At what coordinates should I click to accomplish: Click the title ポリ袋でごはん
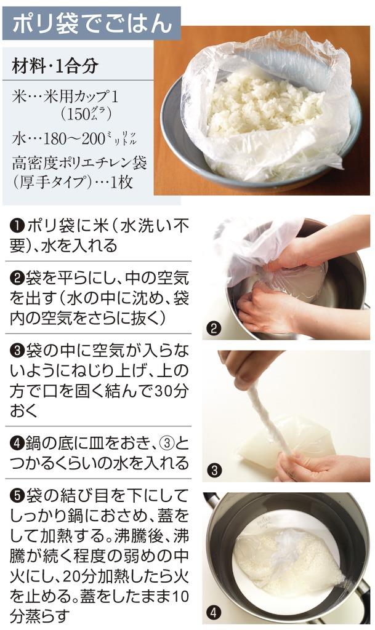pos(92,23)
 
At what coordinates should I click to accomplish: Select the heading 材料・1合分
pos(55,66)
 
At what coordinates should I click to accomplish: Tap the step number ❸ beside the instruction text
pos(18,351)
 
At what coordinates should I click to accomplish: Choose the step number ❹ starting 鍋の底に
pos(17,444)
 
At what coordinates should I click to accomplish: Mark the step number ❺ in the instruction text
pos(18,496)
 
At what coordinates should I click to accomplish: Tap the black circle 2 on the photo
pos(214,329)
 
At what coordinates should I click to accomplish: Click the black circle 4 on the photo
pos(214,613)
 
